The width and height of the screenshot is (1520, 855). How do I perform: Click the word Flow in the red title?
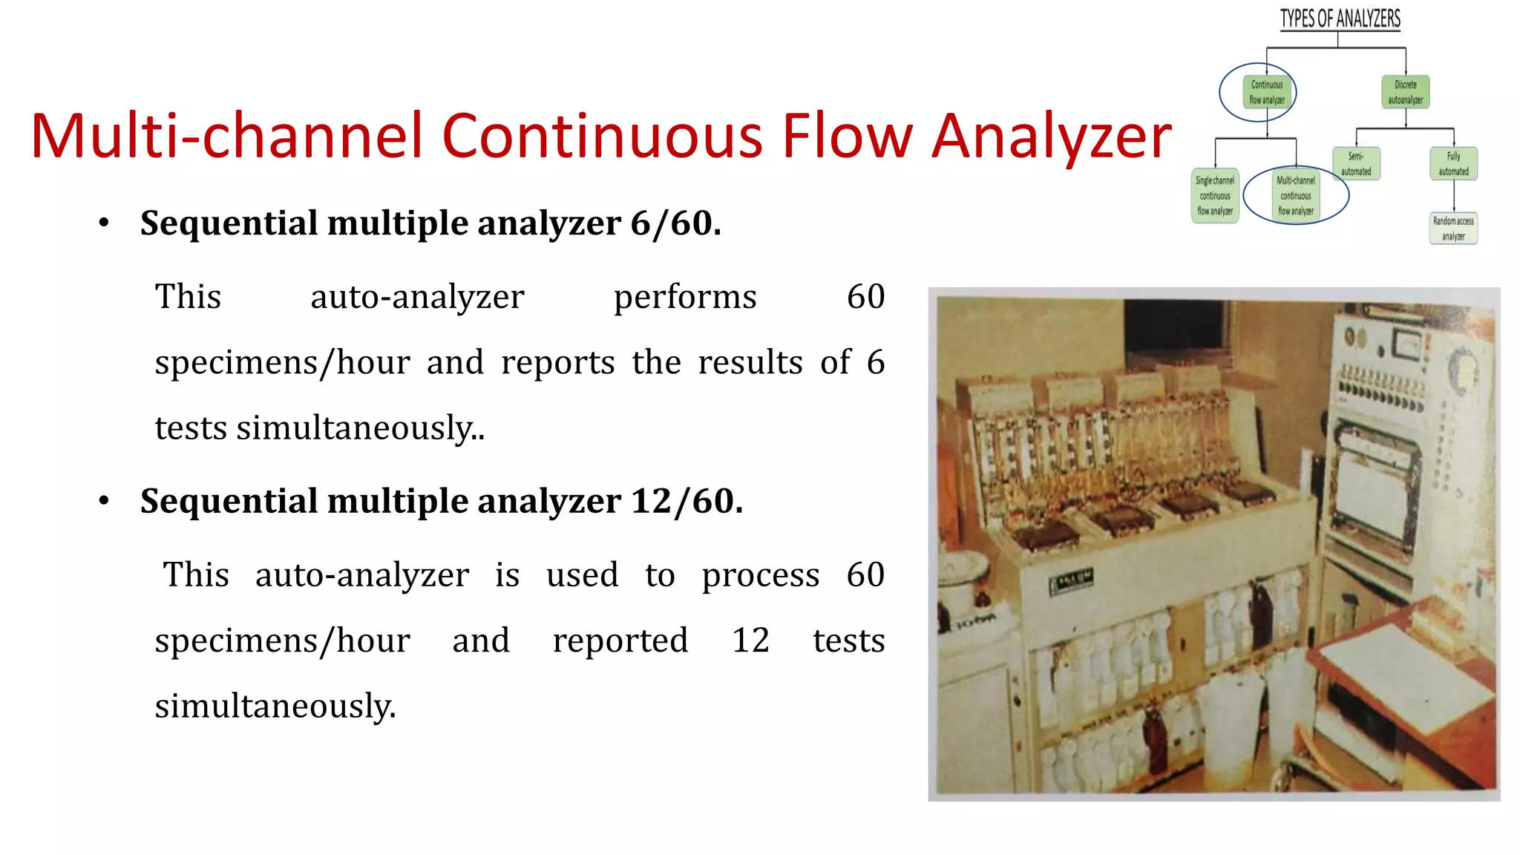click(x=847, y=137)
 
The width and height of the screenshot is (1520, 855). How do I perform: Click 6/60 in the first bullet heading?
click(x=675, y=223)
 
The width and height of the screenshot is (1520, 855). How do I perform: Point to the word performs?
click(x=685, y=298)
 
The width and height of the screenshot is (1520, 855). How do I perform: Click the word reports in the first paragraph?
click(x=557, y=363)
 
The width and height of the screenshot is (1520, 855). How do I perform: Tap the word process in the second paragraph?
click(x=761, y=576)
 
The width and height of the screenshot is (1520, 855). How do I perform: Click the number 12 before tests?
click(x=750, y=641)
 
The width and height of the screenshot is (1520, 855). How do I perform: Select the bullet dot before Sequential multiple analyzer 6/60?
click(x=104, y=223)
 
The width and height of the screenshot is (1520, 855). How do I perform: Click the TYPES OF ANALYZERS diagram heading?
click(x=1340, y=19)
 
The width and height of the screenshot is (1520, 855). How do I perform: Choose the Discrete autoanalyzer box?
click(x=1405, y=92)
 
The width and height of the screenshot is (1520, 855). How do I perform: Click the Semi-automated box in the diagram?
click(x=1356, y=164)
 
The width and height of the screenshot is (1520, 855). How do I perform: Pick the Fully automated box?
click(x=1453, y=164)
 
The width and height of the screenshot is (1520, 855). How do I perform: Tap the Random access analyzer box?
click(x=1453, y=229)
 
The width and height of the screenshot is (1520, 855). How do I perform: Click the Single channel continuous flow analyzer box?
click(x=1215, y=196)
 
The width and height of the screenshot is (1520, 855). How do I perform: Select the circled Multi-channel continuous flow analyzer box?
click(x=1296, y=196)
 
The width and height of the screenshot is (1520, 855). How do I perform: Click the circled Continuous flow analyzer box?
click(x=1266, y=92)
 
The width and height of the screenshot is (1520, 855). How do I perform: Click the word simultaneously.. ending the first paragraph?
click(x=360, y=429)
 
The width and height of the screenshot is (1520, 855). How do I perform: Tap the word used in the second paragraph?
click(x=582, y=576)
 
